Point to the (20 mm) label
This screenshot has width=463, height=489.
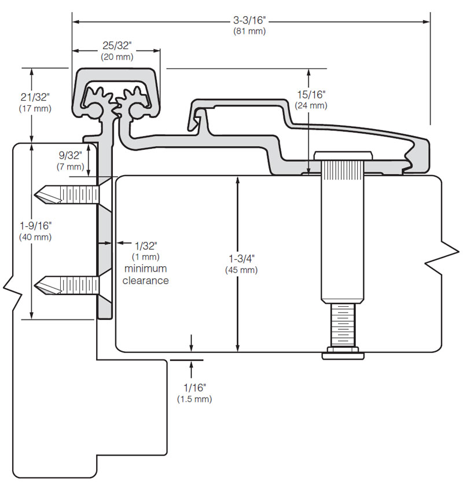pyautogui.click(x=116, y=57)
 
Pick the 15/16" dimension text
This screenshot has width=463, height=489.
pyautogui.click(x=311, y=94)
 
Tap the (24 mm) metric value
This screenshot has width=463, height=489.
pyautogui.click(x=311, y=105)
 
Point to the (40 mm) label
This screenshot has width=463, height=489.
pyautogui.click(x=35, y=237)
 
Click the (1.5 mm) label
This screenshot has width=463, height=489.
pyautogui.click(x=194, y=399)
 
